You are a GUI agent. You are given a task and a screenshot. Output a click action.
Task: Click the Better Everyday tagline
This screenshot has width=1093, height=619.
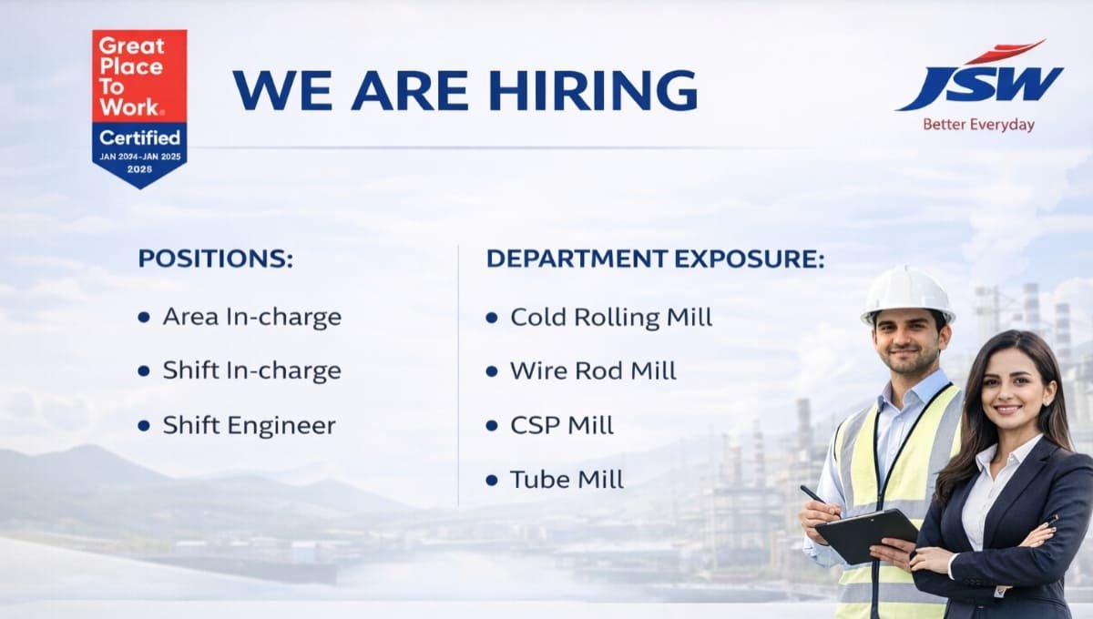coord(978,125)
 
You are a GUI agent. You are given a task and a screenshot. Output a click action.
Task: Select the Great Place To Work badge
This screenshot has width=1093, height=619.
coord(139,107)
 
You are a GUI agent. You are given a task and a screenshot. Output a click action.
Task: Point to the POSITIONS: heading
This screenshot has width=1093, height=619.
coord(216,259)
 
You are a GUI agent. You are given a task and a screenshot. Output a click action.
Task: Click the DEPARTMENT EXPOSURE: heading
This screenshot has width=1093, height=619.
coord(655,259)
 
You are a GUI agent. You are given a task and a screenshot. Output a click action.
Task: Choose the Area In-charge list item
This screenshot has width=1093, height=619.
coord(251,317)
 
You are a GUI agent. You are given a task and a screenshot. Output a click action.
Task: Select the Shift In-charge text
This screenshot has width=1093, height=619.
coord(251,370)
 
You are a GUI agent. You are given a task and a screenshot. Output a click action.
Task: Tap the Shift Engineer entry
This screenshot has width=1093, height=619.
coord(249,425)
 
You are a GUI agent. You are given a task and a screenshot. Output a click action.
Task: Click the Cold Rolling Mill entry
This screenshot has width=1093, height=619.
coord(610,317)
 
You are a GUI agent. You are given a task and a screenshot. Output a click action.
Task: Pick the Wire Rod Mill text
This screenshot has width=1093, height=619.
coord(593,370)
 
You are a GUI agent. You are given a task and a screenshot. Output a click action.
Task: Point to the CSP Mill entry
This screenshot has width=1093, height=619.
coord(562,425)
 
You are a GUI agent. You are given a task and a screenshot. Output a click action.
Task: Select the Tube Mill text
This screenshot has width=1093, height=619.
coord(567,480)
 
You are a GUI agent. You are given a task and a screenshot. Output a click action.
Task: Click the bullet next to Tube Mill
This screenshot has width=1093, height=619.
coord(492,480)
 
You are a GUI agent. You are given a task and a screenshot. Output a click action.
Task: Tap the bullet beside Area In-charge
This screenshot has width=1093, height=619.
coord(144,317)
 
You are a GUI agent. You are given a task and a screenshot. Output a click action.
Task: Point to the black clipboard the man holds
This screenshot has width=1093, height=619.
coord(865,534)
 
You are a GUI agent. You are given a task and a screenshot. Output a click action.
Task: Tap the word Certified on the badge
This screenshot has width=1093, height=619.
coord(139,138)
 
